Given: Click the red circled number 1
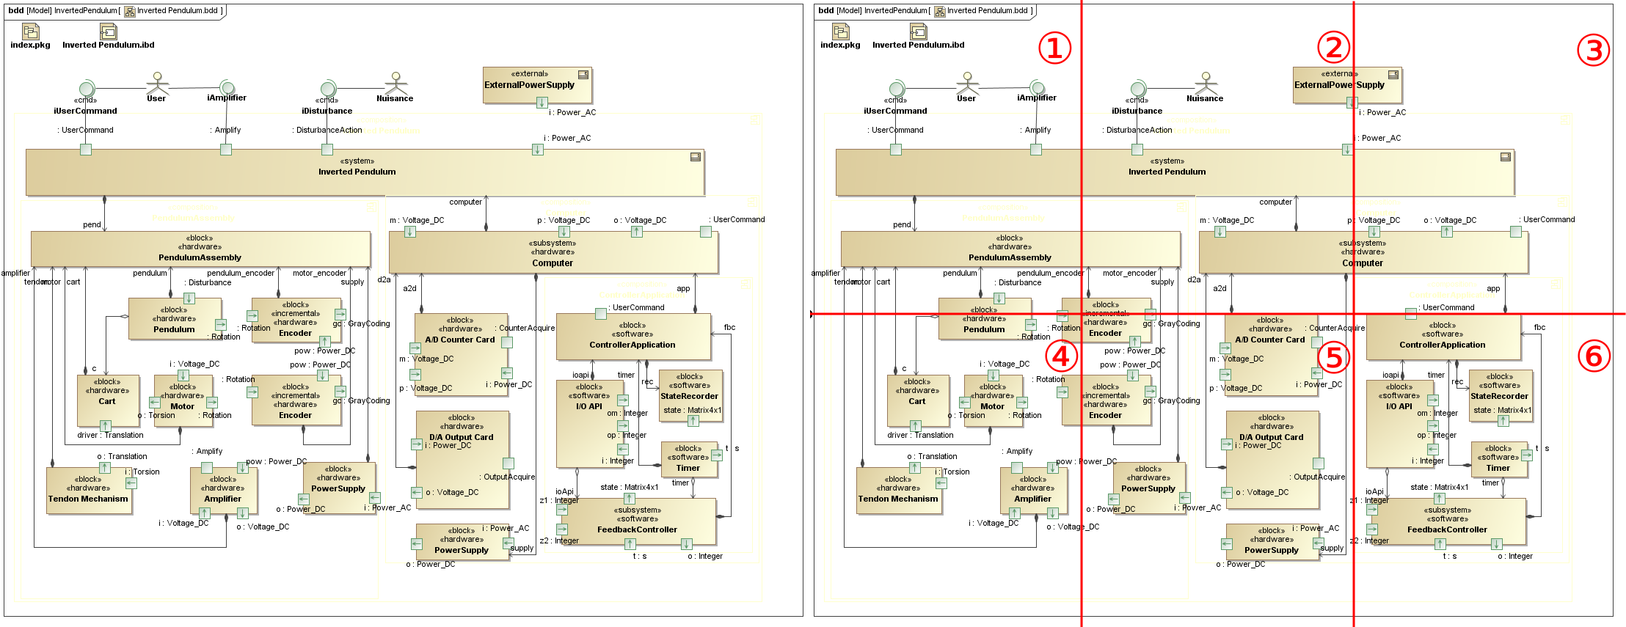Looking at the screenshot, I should click(1054, 48).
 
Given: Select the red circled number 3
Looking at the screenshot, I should click(1593, 51).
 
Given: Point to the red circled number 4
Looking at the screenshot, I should click(1061, 356).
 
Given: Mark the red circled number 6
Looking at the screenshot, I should click(1594, 356).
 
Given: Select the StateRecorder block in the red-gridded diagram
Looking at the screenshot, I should click(1499, 396).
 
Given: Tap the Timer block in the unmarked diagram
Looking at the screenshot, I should click(688, 460).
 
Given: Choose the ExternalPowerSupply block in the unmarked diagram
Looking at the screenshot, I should click(537, 85).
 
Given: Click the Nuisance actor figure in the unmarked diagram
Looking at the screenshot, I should click(395, 82).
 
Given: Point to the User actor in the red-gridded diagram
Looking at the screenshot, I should click(967, 82).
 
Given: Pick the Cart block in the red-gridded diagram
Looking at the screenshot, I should click(917, 400).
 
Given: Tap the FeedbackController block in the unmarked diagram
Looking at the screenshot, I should click(637, 522).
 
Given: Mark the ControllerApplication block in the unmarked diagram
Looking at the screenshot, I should click(632, 337).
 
